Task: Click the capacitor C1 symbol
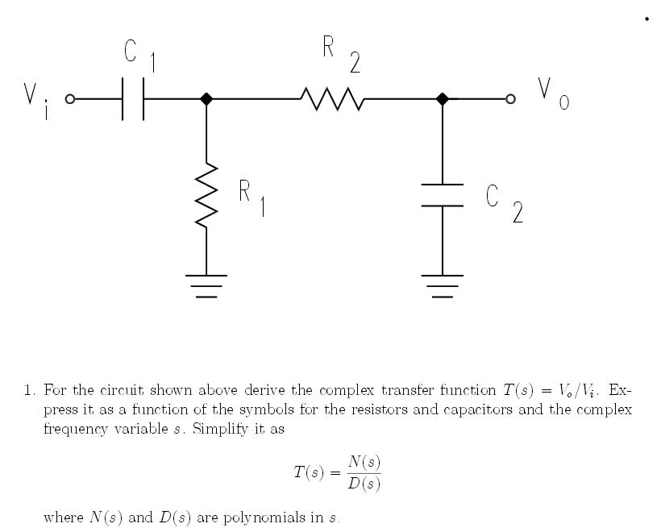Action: point(133,99)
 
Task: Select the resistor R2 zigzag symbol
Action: point(332,99)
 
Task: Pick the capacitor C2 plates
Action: point(443,195)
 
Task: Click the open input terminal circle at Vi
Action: point(69,99)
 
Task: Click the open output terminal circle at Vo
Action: point(509,99)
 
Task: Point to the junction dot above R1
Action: point(206,99)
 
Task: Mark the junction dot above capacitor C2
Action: point(442,99)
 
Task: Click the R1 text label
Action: point(252,197)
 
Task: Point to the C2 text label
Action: point(505,202)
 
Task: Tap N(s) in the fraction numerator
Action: point(364,462)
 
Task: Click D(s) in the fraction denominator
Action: point(364,484)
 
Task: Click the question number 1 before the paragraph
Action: point(28,391)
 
